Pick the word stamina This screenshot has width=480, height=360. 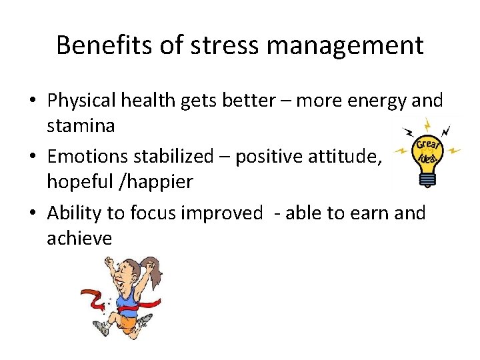(81, 126)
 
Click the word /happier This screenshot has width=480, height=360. (163, 181)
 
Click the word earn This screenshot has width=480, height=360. (365, 213)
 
